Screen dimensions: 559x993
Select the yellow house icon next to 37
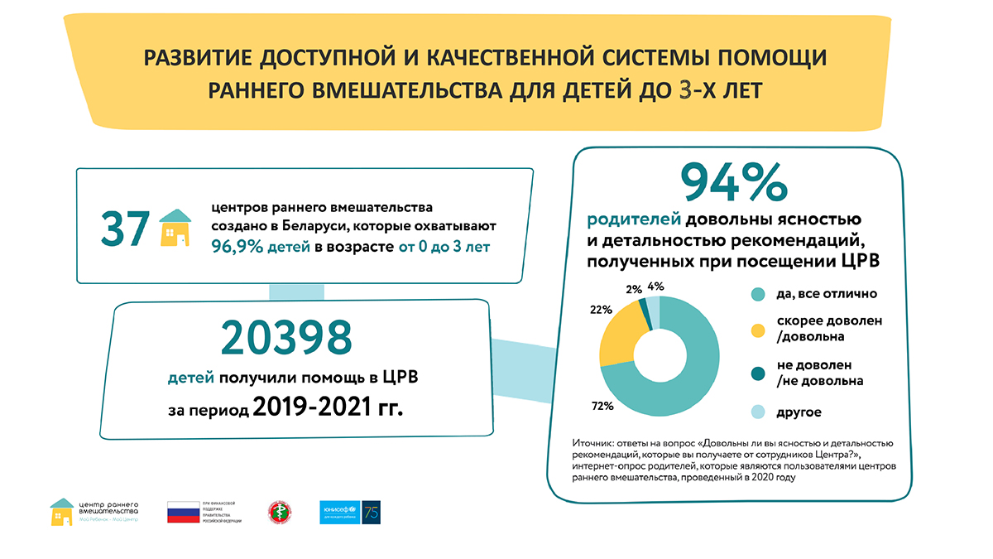point(175,228)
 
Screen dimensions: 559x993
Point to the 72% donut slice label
point(602,406)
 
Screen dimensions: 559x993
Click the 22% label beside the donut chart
point(602,310)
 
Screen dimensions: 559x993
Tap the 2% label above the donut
point(633,291)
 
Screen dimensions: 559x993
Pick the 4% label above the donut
point(656,287)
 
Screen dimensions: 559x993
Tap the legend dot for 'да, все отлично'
point(756,294)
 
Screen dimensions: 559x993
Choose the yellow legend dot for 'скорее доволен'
point(756,330)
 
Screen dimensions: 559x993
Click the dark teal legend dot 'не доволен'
point(756,373)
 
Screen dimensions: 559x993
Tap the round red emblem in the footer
point(277,513)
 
